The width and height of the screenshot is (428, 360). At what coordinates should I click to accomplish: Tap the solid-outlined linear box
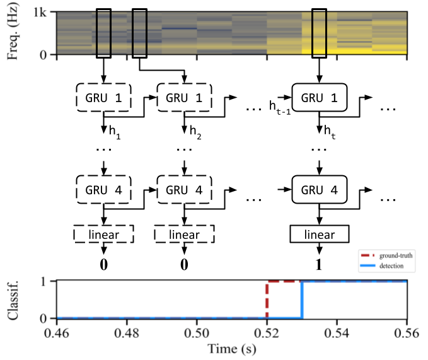coord(319,235)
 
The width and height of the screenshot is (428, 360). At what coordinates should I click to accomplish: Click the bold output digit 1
coord(319,263)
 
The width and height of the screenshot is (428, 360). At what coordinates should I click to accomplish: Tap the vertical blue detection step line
coord(302,299)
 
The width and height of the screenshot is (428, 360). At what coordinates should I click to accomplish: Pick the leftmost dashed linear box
coord(105,235)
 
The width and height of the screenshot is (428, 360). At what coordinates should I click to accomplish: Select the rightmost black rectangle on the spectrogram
coord(320,33)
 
